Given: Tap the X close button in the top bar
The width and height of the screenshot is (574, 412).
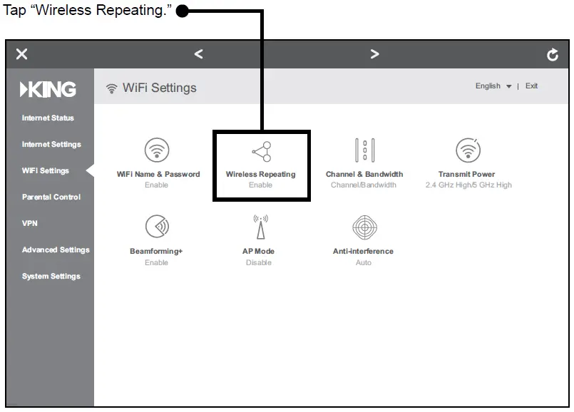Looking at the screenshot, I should [x=22, y=54].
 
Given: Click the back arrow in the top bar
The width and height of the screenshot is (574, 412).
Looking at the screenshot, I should [x=198, y=54].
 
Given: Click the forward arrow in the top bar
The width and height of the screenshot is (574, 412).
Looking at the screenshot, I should [x=374, y=54].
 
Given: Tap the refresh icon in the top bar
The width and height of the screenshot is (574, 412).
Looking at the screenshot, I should [x=553, y=55].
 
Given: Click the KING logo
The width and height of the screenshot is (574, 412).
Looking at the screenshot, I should [x=48, y=89].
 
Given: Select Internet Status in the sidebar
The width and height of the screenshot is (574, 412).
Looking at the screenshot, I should [x=48, y=118].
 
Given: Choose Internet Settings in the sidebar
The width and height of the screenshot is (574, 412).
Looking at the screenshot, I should [x=51, y=145].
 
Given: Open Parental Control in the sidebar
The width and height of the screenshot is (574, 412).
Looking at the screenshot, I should [x=51, y=197].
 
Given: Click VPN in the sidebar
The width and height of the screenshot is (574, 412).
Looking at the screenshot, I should [x=29, y=224].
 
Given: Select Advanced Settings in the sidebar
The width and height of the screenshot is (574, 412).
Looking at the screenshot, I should [x=56, y=250].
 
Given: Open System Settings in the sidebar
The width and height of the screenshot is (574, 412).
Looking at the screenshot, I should [x=51, y=277].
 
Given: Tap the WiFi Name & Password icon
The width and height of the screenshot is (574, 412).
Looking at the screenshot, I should [x=157, y=150].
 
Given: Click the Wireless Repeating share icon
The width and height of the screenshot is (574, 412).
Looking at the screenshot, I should [x=261, y=150].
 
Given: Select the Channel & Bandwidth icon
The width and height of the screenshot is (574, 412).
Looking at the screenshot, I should [x=364, y=150].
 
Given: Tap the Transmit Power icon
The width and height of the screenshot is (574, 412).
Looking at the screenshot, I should [x=468, y=150].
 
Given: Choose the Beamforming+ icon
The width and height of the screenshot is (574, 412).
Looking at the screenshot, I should [x=157, y=227].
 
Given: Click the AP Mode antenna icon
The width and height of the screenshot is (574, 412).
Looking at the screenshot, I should [x=260, y=227].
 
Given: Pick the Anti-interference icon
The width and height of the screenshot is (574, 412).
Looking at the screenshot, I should [x=364, y=227].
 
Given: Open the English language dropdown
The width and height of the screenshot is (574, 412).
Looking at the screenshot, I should [x=493, y=86].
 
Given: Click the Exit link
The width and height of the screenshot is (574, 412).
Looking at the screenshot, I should [x=531, y=86].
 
